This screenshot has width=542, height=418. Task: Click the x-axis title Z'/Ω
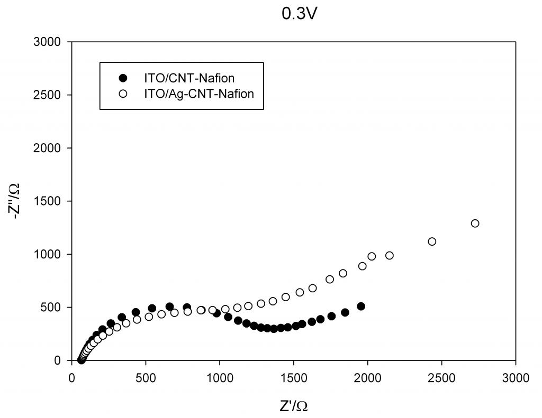(294, 406)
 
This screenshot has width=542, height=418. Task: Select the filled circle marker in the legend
(123, 78)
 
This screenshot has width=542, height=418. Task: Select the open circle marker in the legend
(123, 94)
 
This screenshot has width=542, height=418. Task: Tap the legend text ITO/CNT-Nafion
(182, 78)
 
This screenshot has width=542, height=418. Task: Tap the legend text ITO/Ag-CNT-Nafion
(192, 94)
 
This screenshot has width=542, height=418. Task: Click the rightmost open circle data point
(475, 224)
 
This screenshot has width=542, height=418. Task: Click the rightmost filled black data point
(361, 306)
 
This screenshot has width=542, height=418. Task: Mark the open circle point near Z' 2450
(432, 241)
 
